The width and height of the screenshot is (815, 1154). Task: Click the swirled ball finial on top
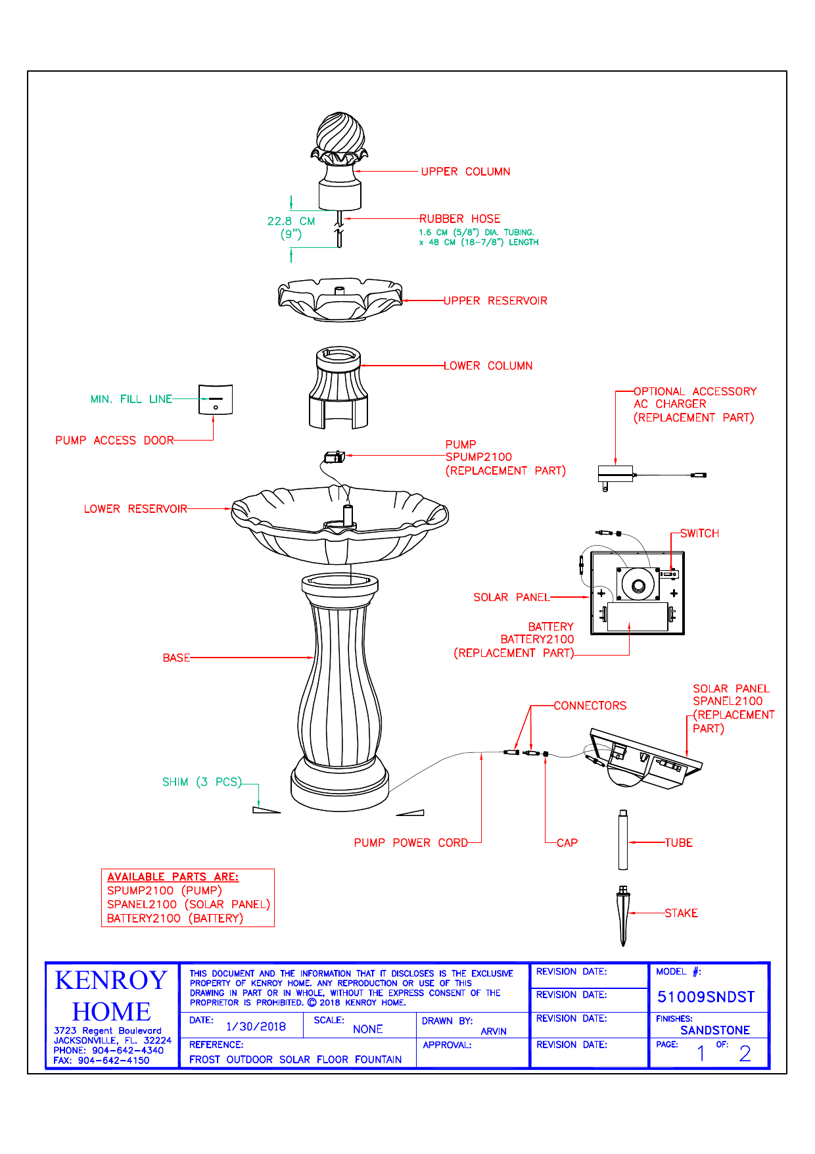(340, 134)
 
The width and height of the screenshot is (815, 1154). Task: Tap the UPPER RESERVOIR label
(495, 301)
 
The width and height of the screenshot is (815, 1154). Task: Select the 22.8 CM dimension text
(291, 222)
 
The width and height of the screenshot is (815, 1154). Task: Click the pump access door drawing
(216, 400)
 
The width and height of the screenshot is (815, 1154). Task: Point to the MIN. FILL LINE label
(131, 399)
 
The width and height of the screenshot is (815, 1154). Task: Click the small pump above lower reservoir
(335, 456)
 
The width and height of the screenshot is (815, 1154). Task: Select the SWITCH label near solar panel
(699, 534)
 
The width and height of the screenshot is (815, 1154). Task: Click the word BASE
(176, 658)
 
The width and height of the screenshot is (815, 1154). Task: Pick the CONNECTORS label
(590, 706)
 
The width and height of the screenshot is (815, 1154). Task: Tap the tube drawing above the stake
(623, 840)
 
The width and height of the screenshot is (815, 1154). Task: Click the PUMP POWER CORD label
(411, 843)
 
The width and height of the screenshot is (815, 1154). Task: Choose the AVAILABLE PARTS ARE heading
(173, 877)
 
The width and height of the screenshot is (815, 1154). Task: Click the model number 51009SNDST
(706, 998)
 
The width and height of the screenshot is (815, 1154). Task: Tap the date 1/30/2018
(256, 1027)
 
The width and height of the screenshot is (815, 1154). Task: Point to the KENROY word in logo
(111, 980)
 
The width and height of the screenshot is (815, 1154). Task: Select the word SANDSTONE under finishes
(715, 1030)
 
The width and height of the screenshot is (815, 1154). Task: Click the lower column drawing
(338, 388)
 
